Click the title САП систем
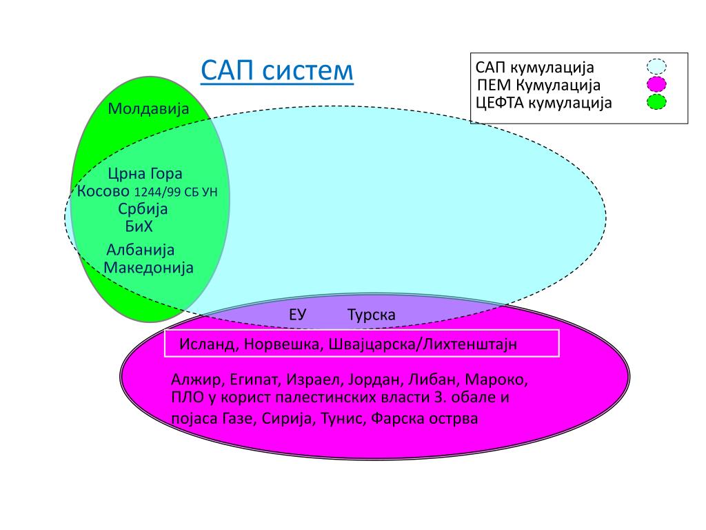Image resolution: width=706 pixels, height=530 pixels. (x=276, y=70)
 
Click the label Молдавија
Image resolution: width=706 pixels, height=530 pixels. (x=148, y=109)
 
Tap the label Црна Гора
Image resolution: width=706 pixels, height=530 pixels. (x=145, y=175)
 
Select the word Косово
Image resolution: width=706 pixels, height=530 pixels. (x=103, y=192)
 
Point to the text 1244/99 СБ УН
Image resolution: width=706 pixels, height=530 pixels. (x=176, y=193)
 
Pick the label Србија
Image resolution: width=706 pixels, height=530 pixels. (x=143, y=209)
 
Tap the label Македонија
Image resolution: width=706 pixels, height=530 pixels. (x=148, y=267)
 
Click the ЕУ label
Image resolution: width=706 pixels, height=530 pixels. (x=297, y=315)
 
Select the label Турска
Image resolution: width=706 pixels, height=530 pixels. (x=372, y=315)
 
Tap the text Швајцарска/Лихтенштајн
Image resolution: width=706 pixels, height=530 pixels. (x=421, y=344)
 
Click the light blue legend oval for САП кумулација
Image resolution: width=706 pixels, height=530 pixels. (x=656, y=67)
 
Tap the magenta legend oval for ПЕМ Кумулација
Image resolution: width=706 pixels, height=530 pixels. (x=656, y=85)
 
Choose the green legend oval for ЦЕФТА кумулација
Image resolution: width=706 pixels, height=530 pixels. (x=656, y=103)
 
